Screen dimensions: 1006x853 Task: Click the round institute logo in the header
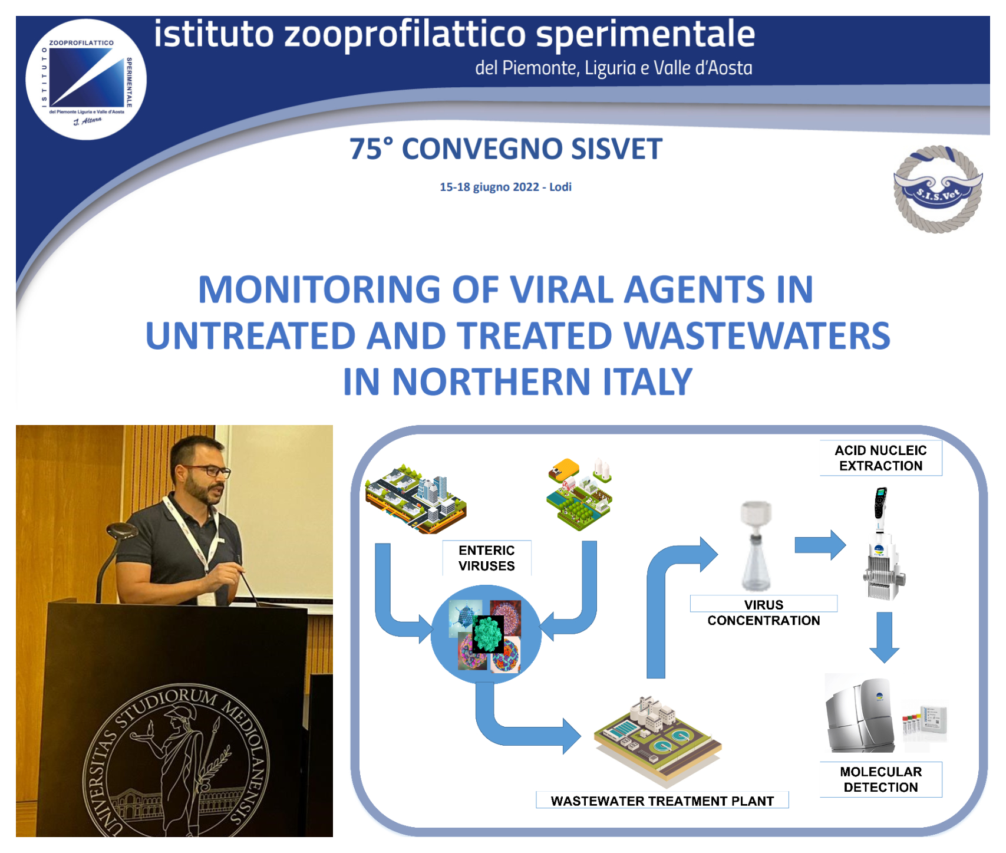tap(86, 80)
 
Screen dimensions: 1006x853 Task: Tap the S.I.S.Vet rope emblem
tap(938, 189)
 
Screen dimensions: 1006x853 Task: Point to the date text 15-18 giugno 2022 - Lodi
tap(506, 187)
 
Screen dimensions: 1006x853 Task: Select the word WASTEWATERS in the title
tap(757, 335)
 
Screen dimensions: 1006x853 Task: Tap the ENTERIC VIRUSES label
tap(487, 558)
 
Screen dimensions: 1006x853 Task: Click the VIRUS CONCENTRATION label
tap(764, 612)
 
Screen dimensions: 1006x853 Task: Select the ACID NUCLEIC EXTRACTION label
tap(880, 458)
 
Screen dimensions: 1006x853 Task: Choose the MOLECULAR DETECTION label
tap(880, 779)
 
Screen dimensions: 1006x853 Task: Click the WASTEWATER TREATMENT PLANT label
tap(662, 801)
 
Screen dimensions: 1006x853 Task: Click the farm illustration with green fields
tap(580, 494)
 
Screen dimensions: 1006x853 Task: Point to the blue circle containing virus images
tap(486, 634)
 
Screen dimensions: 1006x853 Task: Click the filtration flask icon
tap(756, 546)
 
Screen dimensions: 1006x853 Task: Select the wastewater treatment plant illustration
tap(658, 740)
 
